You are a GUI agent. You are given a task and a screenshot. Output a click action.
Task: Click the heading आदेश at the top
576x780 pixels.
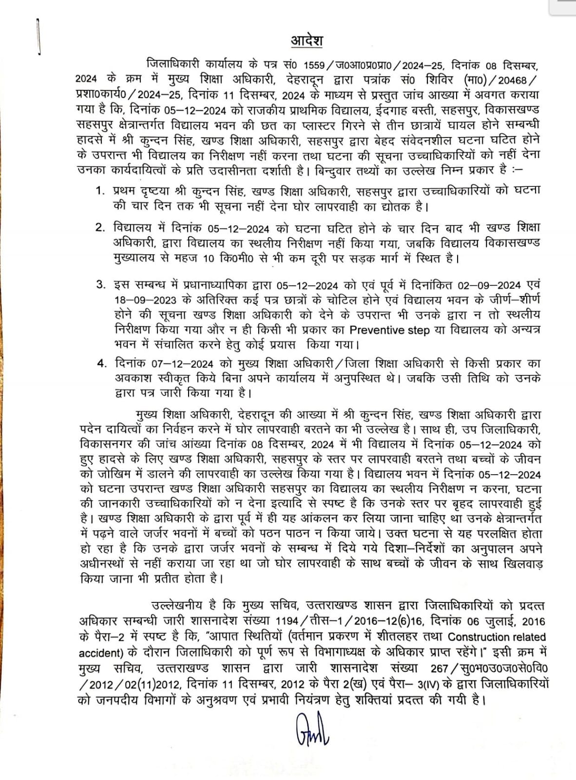tap(307, 40)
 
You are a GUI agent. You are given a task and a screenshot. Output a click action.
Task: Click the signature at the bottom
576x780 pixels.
tap(312, 729)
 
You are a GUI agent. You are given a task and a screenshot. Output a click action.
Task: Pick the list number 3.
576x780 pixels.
tap(100, 284)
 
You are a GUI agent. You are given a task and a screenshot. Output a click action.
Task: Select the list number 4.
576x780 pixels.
tap(101, 363)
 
